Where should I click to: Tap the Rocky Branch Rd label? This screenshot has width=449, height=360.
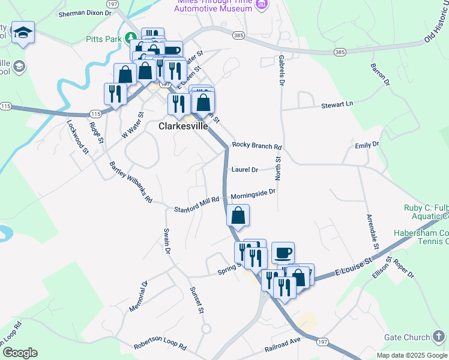coord(256,146)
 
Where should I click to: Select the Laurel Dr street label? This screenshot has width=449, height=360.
coord(244,170)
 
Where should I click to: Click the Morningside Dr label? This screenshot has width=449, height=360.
coord(253,193)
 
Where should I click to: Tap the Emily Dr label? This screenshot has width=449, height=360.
coord(367,145)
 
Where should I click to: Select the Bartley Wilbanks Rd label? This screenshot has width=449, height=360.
coord(131,181)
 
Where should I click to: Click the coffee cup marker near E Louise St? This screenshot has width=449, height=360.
coord(283,252)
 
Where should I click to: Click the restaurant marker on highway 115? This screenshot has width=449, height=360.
coord(114,94)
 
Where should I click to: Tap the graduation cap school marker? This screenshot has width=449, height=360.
coord(23,32)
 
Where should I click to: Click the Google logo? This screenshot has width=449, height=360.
coord(20,352)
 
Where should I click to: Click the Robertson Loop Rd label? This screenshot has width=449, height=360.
coord(160,344)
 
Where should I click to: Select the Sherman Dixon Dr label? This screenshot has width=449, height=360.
coord(85,12)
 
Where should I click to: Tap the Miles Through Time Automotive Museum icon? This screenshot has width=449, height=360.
coord(261,5)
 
